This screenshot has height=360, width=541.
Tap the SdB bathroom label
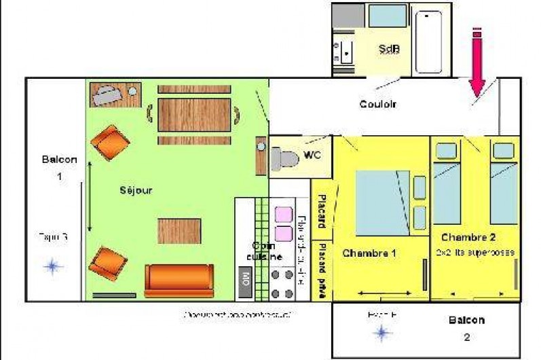pos(388,49)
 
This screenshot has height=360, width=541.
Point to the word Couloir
pos(377,104)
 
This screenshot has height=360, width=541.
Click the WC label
pos(312,155)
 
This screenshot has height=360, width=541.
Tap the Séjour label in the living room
pos(136,190)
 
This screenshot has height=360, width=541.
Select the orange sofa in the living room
pos(179,280)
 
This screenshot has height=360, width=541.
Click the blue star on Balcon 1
pos(52,266)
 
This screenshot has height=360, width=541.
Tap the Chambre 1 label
pos(369,253)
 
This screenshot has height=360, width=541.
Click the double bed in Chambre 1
pos(384,199)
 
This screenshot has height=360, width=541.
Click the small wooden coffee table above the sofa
pos(179,230)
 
